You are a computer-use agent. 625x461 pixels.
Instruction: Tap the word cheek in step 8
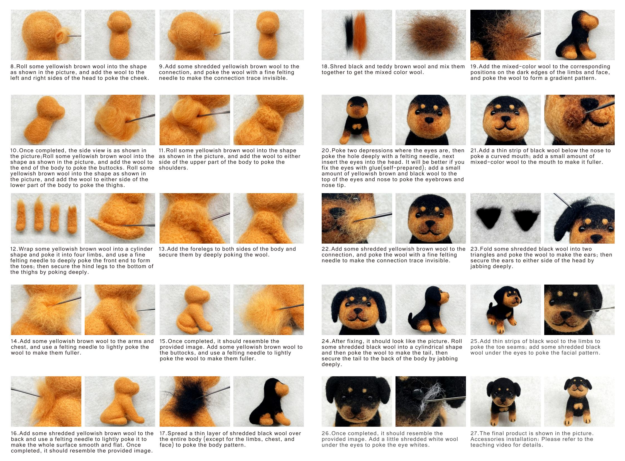[139, 78]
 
